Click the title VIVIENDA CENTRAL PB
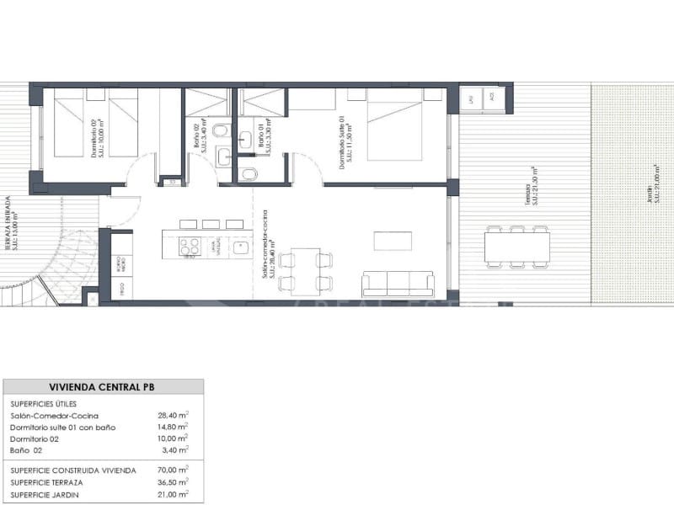click(103, 387)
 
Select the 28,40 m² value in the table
click(174, 415)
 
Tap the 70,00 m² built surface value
click(174, 470)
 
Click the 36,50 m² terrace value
click(174, 482)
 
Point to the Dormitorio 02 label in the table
click(35, 439)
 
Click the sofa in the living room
click(398, 284)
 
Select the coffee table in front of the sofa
click(393, 241)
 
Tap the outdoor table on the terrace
click(516, 247)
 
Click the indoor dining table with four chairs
click(305, 271)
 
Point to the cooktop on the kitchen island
click(190, 247)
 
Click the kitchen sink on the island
click(240, 247)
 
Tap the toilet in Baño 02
click(222, 130)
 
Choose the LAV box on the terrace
click(472, 98)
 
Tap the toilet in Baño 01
click(248, 173)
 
